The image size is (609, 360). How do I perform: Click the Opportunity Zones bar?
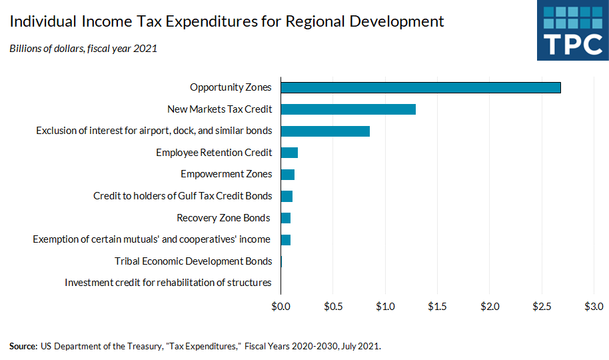point(420,87)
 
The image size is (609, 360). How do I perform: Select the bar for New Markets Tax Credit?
point(348,109)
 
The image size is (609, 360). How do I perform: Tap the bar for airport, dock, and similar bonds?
point(325,131)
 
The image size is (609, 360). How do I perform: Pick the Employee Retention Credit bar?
point(289,153)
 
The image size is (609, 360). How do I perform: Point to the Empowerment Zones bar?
point(287,174)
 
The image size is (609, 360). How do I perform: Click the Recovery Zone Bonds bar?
point(286,218)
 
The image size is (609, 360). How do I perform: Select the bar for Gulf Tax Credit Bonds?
point(287,196)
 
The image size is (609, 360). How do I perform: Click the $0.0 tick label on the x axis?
point(281,306)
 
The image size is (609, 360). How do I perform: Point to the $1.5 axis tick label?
point(437,306)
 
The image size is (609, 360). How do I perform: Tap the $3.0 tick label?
point(593,306)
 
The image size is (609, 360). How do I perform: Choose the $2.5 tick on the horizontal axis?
point(541,306)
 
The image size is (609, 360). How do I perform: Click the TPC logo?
point(572,31)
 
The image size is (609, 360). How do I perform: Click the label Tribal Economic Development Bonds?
point(193,261)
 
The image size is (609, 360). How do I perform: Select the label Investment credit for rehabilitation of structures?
point(168,283)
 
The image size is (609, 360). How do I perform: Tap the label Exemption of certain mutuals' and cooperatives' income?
point(151,239)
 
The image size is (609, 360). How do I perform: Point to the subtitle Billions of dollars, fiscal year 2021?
point(83,49)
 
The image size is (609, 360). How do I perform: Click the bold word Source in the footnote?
point(23,346)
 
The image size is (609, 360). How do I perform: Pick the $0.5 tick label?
point(333,306)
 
